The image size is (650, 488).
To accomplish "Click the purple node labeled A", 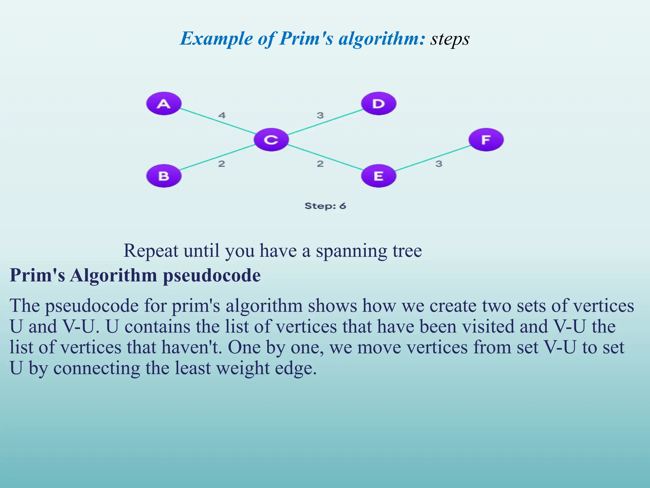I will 164,104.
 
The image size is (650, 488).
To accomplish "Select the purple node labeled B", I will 164,176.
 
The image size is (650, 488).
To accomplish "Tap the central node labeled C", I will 271,140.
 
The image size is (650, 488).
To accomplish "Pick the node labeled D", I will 379,104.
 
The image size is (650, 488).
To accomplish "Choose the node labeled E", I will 379,176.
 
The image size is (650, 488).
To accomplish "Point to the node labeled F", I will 486,140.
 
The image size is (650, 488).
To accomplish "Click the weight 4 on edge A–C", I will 222,115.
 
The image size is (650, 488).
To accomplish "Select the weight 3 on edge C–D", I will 320,115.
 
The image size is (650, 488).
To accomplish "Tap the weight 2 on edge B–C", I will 222,164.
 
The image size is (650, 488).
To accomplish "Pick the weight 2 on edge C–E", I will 320,164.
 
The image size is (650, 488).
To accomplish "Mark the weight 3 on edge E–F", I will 439,164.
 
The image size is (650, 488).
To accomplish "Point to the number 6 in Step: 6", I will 342,206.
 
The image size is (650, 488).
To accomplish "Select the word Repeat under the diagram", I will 151,251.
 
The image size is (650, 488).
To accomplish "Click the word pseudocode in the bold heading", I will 212,275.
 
